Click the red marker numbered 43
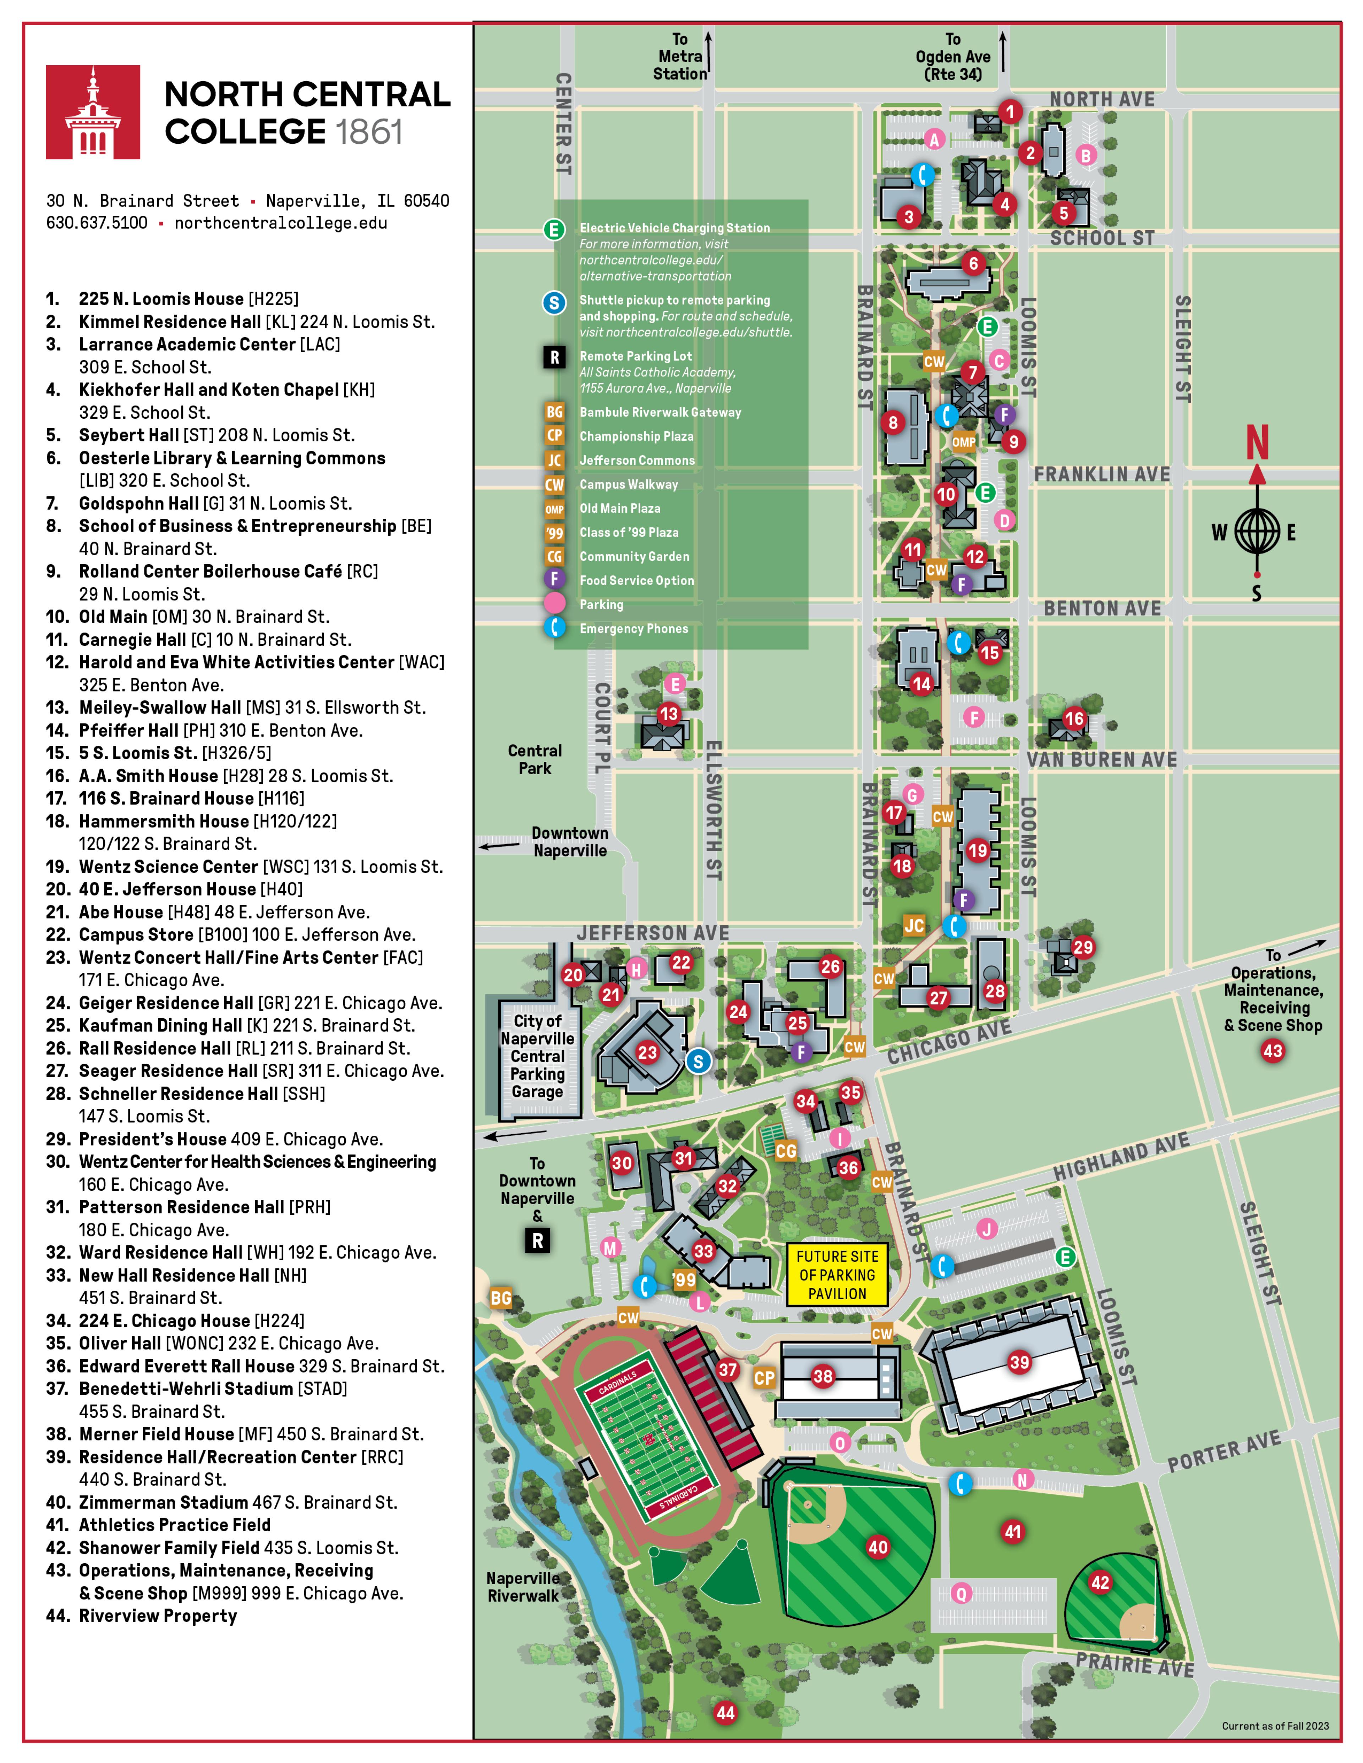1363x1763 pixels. (x=1272, y=1051)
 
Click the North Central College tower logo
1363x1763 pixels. (x=93, y=112)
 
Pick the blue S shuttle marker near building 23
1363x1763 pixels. (x=699, y=1062)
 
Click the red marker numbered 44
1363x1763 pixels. (x=725, y=1713)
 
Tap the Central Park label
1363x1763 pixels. (x=535, y=760)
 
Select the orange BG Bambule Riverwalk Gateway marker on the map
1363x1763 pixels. (x=500, y=1298)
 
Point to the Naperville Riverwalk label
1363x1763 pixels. (x=523, y=1587)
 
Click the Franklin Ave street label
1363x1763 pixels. (x=1102, y=475)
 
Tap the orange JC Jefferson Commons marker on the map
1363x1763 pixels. (x=914, y=925)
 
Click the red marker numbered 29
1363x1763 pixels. (x=1083, y=947)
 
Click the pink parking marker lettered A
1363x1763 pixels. (x=934, y=140)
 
